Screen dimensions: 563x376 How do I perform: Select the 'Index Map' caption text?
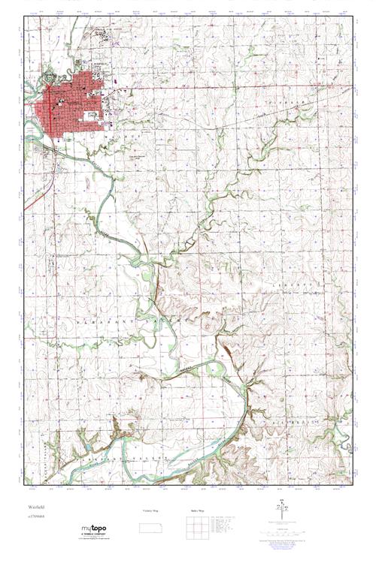pos(197,510)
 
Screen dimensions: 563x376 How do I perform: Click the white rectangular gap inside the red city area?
pos(91,116)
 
